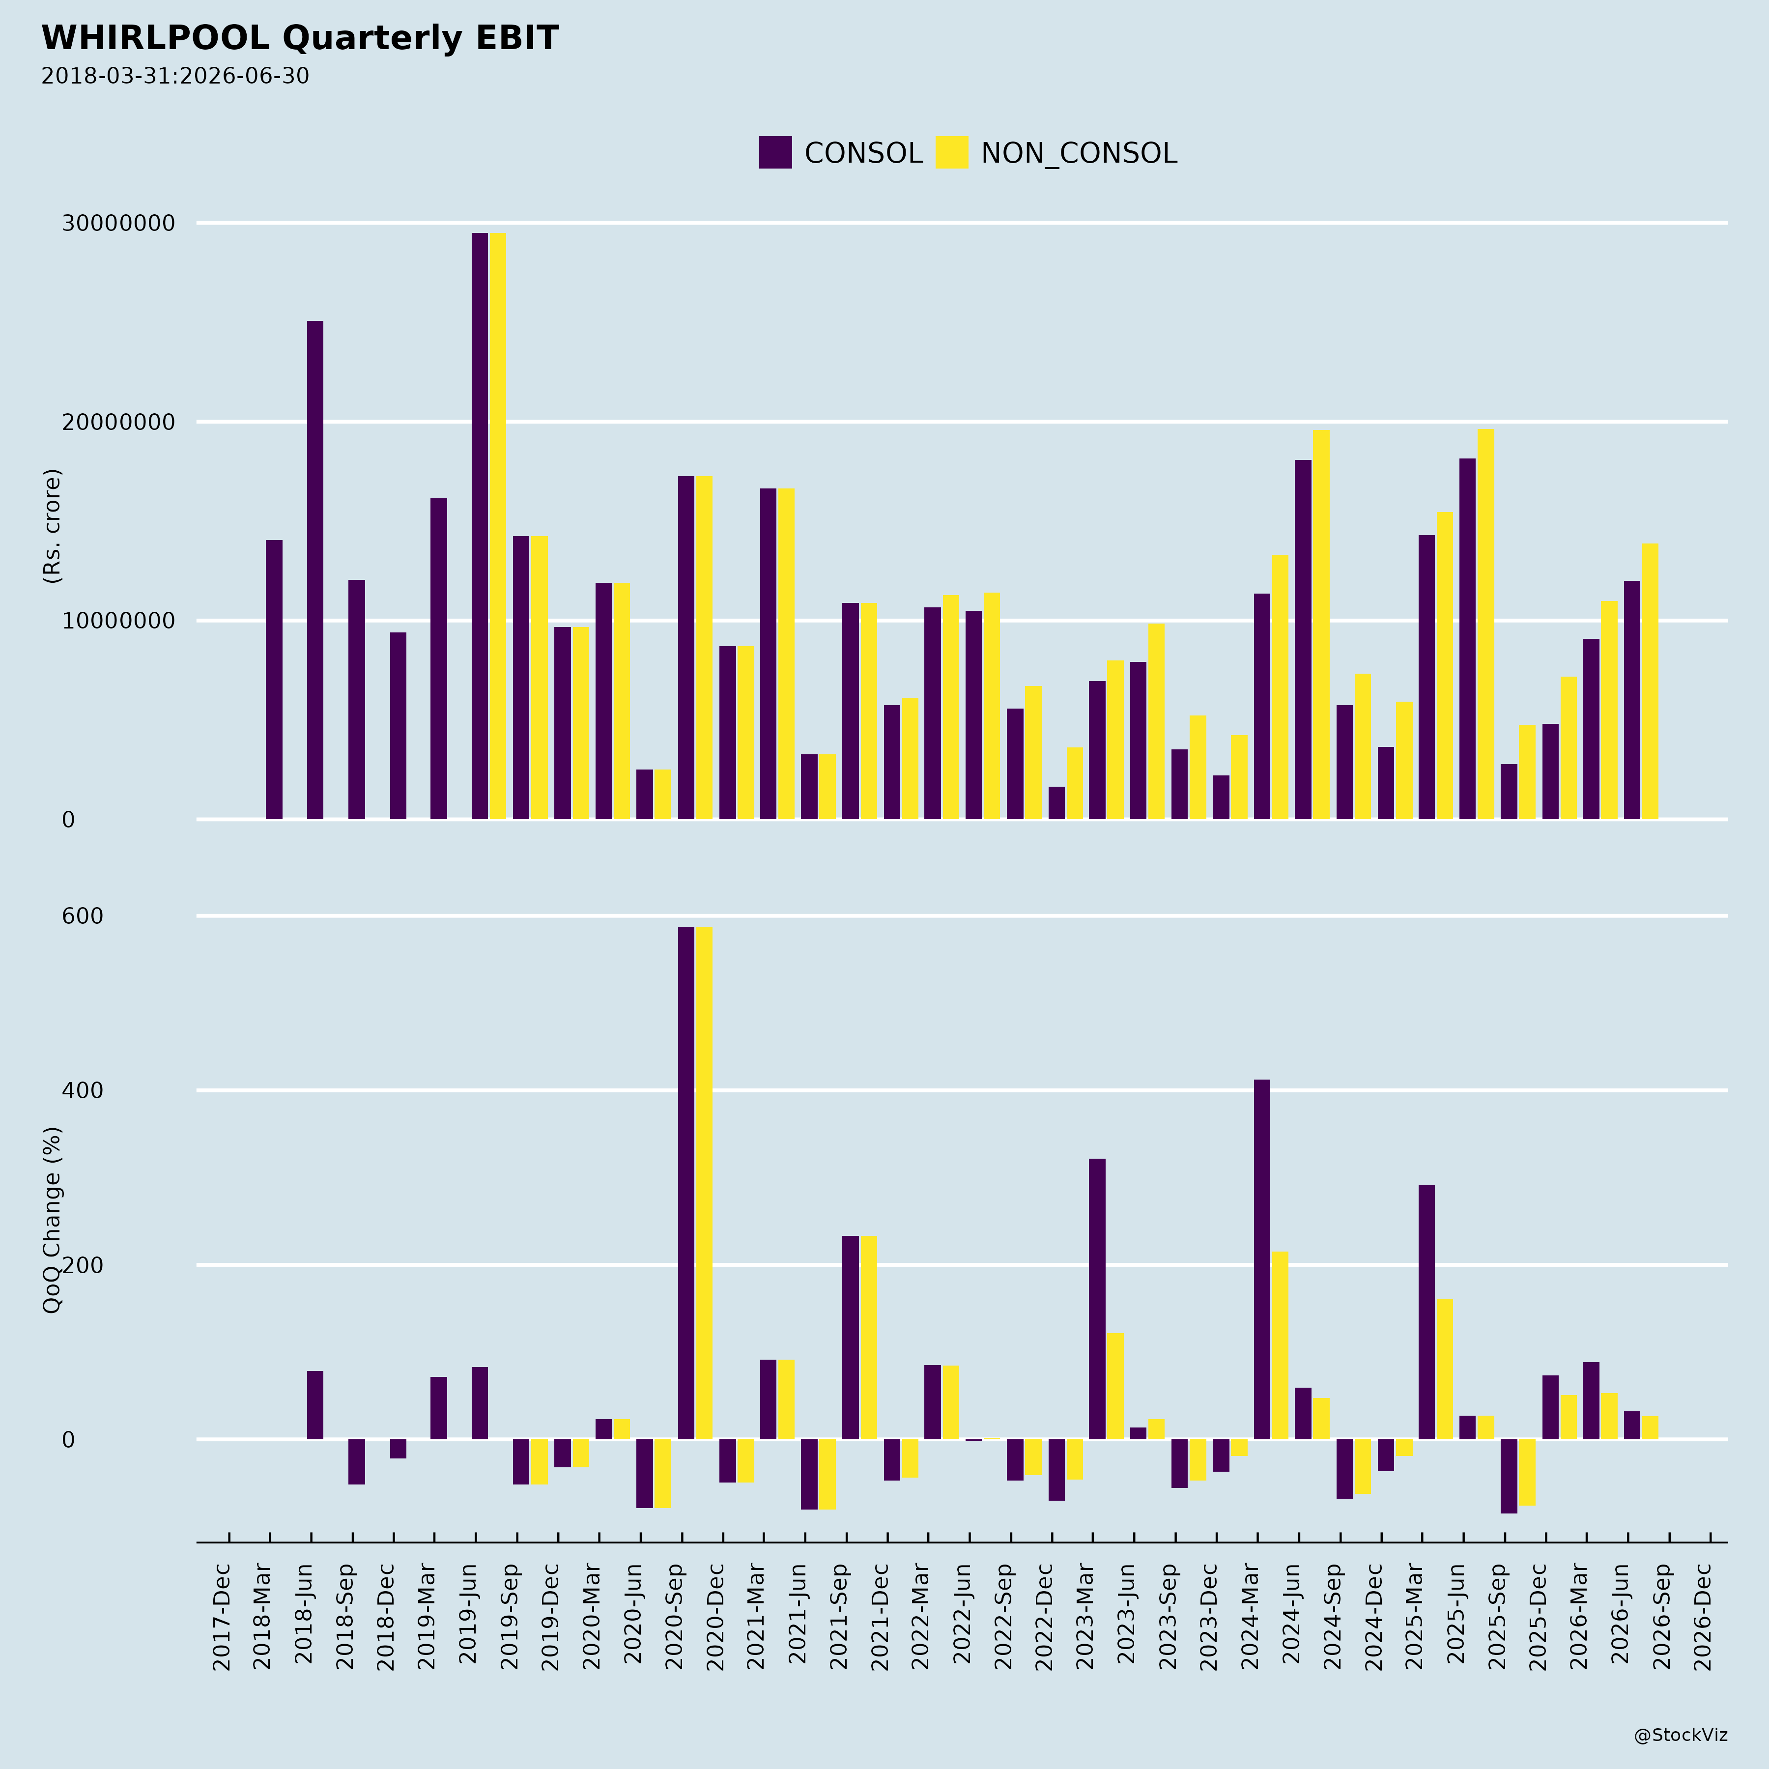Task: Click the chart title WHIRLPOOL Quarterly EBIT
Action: coord(299,38)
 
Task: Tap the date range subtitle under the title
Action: coord(175,76)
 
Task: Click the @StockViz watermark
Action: coord(1681,1735)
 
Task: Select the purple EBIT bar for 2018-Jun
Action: coord(315,570)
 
